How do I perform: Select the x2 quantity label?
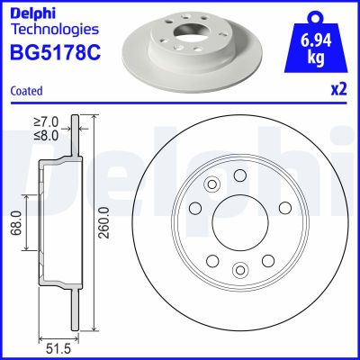click(338, 90)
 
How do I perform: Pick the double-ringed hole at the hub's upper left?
click(212, 184)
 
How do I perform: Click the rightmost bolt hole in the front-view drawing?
click(283, 209)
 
